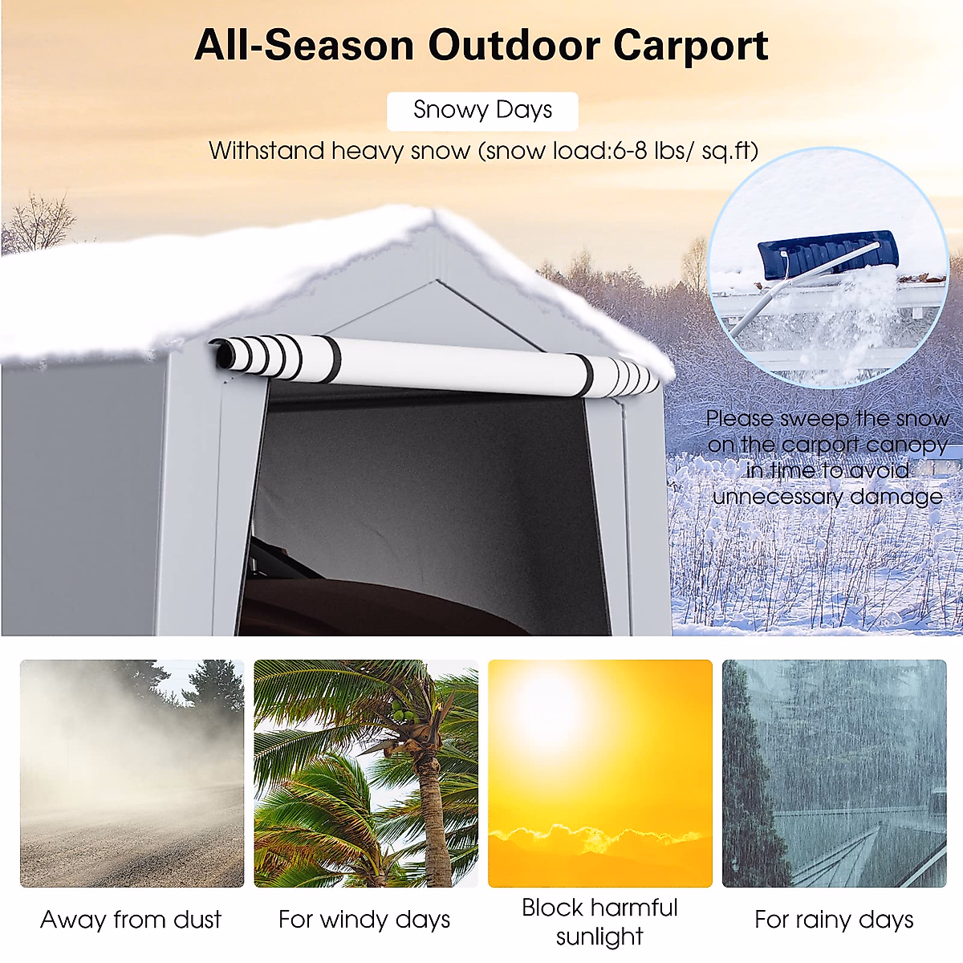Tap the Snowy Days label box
(x=482, y=111)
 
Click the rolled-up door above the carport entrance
(x=449, y=366)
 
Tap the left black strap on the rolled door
(x=330, y=358)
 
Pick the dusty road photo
(x=132, y=774)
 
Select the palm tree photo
(x=366, y=774)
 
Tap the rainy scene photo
(x=834, y=774)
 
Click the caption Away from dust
(x=131, y=920)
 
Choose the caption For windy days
(x=364, y=920)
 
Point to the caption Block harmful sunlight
(x=599, y=921)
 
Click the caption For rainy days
(x=834, y=920)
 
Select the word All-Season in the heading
(x=304, y=46)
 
